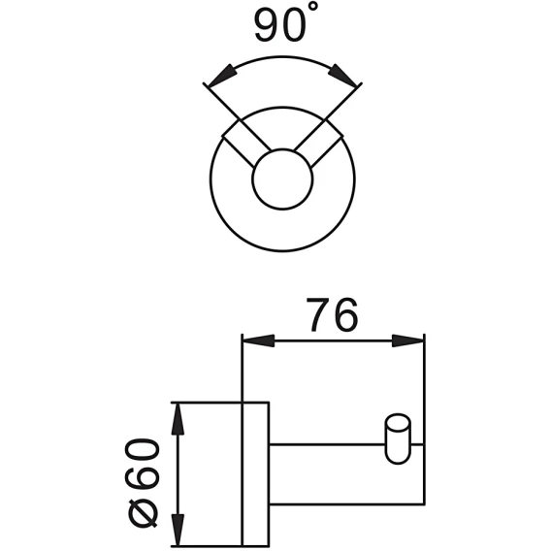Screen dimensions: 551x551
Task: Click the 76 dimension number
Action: pos(332,315)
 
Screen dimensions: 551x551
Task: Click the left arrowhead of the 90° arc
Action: pos(221,76)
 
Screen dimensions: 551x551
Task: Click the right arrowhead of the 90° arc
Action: pos(342,76)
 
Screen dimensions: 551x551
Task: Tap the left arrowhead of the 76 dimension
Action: pos(259,340)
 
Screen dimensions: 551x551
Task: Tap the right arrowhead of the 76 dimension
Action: pos(407,340)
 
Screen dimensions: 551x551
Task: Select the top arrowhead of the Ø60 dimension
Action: pos(178,419)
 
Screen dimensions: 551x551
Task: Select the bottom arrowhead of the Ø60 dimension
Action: pos(178,530)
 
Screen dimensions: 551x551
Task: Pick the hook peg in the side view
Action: pos(398,439)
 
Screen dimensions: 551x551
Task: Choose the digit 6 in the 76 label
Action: pos(345,315)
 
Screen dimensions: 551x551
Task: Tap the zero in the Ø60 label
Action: pos(142,452)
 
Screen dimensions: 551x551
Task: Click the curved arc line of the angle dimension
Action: pos(282,56)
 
